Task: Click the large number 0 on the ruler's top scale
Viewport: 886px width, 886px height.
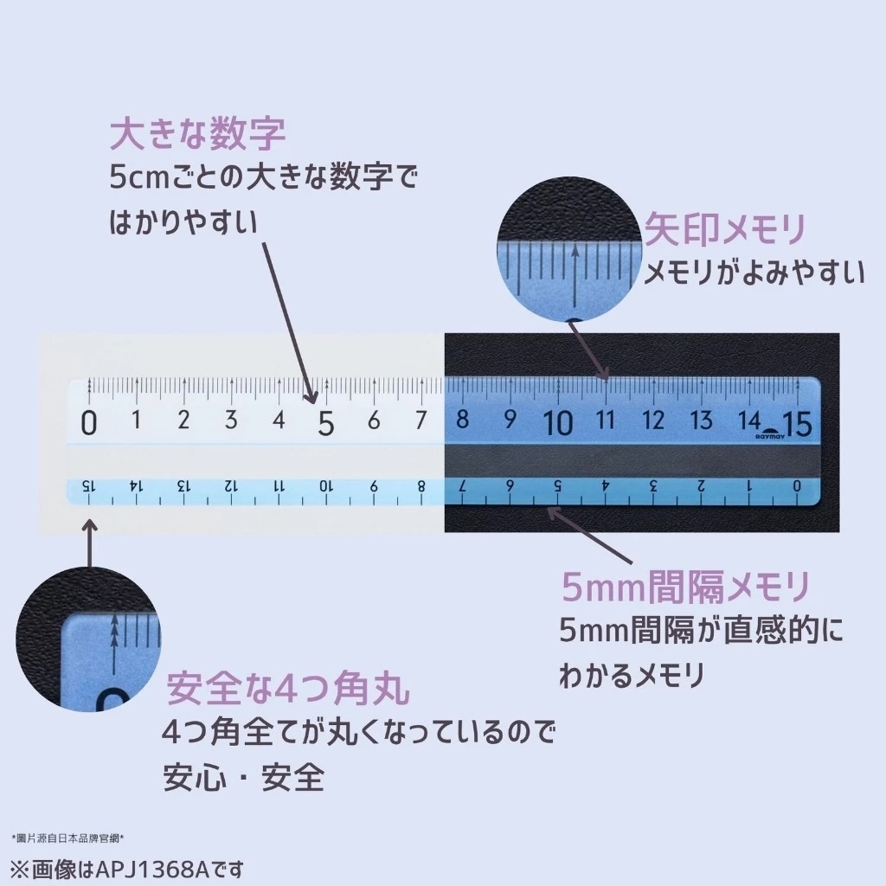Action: pyautogui.click(x=88, y=423)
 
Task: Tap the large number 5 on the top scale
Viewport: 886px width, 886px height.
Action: pyautogui.click(x=325, y=423)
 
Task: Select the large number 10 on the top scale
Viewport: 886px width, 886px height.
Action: pyautogui.click(x=558, y=423)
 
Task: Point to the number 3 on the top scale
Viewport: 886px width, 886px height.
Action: pyautogui.click(x=231, y=421)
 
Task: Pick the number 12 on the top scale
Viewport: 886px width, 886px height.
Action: pyautogui.click(x=653, y=421)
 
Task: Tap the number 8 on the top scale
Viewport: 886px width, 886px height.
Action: pyautogui.click(x=462, y=421)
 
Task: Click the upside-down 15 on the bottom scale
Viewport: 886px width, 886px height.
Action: pyautogui.click(x=87, y=485)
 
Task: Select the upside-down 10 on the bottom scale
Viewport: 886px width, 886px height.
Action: pyautogui.click(x=325, y=485)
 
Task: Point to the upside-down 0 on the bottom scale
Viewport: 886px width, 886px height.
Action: pyautogui.click(x=796, y=485)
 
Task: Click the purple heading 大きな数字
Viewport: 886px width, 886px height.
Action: pyautogui.click(x=197, y=136)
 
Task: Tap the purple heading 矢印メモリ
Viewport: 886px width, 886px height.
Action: pyautogui.click(x=725, y=230)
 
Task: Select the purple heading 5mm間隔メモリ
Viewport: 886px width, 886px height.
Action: pyautogui.click(x=686, y=588)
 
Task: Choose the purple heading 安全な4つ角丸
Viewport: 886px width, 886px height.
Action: pyautogui.click(x=288, y=690)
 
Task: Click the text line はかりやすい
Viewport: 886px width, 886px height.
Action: pyautogui.click(x=183, y=222)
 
